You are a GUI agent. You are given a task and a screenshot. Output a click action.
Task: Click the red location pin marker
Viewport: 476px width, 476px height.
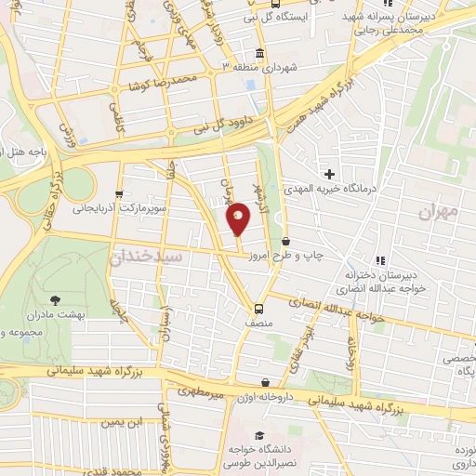[x=239, y=218]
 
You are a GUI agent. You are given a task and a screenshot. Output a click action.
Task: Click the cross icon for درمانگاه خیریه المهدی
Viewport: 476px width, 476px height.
[x=328, y=172]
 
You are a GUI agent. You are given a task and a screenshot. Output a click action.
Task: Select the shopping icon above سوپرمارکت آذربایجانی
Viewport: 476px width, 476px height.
[x=119, y=193]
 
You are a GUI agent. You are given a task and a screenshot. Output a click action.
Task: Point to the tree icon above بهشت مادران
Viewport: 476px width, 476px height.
[x=55, y=299]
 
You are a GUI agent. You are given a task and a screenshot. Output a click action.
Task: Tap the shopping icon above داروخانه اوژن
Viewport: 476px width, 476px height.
[x=267, y=382]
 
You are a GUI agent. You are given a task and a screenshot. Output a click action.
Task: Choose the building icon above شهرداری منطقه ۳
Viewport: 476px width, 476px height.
[x=259, y=52]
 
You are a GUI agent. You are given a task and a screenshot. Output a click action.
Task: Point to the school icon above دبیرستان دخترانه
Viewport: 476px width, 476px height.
[x=379, y=259]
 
